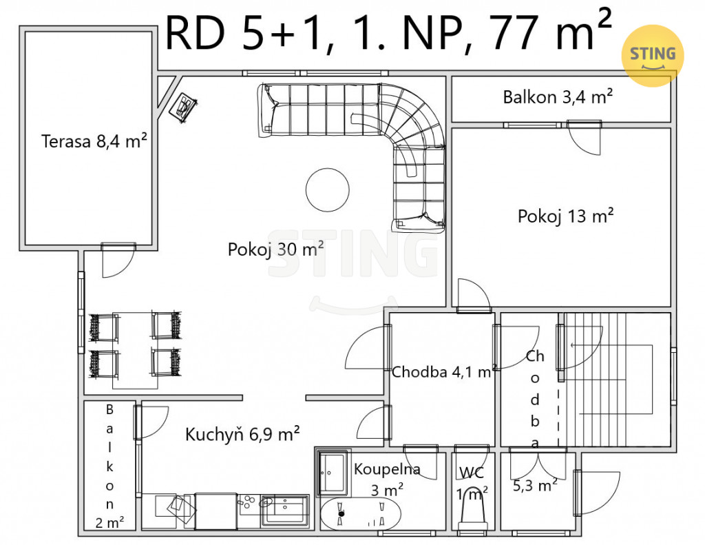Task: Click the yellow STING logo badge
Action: click(653, 55)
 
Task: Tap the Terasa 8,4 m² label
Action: click(94, 141)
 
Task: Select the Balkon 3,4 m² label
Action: click(558, 96)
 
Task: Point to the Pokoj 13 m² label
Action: click(566, 216)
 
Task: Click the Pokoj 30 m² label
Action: click(275, 249)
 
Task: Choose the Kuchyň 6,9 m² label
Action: click(242, 434)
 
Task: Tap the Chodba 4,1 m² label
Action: click(443, 372)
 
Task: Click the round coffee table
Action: click(327, 189)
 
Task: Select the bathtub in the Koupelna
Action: click(360, 513)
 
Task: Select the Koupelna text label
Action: click(387, 469)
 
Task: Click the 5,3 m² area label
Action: click(535, 484)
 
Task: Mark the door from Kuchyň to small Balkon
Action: click(151, 422)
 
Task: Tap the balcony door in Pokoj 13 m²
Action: click(584, 138)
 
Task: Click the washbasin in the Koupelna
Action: click(333, 473)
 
